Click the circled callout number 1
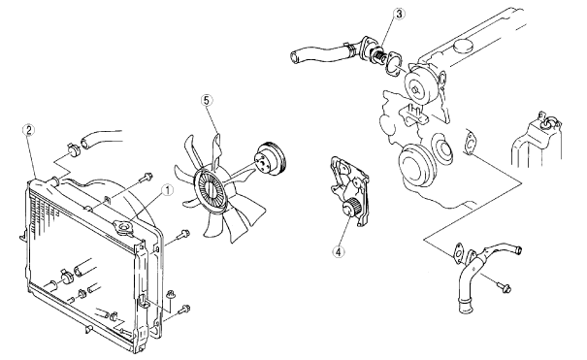[x=167, y=190]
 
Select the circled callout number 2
[x=29, y=130]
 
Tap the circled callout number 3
[x=400, y=14]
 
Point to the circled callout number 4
[x=339, y=252]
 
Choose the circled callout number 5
[x=207, y=100]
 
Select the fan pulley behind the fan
[x=270, y=159]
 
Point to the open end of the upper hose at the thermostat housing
[x=294, y=57]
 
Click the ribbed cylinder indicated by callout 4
[x=352, y=209]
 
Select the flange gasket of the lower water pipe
[x=458, y=252]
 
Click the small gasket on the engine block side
[x=469, y=141]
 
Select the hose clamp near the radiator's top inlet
[x=73, y=148]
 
